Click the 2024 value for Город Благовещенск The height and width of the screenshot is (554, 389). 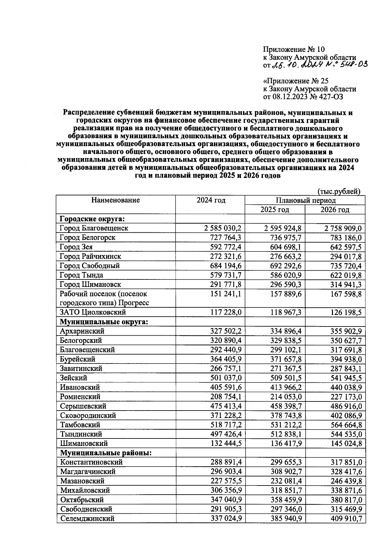[223, 228]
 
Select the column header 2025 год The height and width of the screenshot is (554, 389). [275, 210]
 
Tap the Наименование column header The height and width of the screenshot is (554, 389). [115, 200]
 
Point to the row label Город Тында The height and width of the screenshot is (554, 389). [81, 275]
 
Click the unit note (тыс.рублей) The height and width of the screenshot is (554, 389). [339, 191]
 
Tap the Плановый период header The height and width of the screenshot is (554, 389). [305, 200]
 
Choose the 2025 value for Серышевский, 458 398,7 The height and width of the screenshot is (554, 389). [286, 406]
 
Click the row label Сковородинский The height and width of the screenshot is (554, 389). [88, 415]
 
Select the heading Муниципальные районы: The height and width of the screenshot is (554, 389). [106, 453]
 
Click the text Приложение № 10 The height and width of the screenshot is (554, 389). [293, 49]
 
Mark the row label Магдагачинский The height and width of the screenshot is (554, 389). [88, 472]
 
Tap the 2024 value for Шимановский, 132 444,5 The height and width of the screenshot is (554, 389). [225, 444]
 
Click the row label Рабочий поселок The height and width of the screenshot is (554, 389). [103, 294]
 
